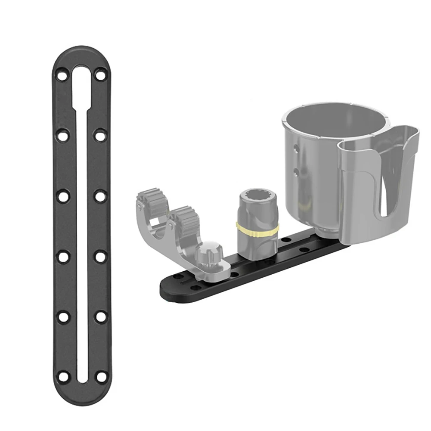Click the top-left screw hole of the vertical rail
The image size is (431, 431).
pos(63,76)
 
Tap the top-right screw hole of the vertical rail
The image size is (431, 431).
pos(100,76)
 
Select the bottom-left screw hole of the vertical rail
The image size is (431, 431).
pos(63,376)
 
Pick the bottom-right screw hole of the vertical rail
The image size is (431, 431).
pos(100,376)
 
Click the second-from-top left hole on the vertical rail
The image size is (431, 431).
pos(63,136)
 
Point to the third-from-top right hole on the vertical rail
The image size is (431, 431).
pos(100,196)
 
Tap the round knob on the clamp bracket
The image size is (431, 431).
pos(208,252)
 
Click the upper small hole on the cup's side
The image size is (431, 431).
pos(296,149)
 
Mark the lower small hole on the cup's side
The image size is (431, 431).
pos(296,172)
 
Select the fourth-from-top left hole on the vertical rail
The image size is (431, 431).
pos(63,257)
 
